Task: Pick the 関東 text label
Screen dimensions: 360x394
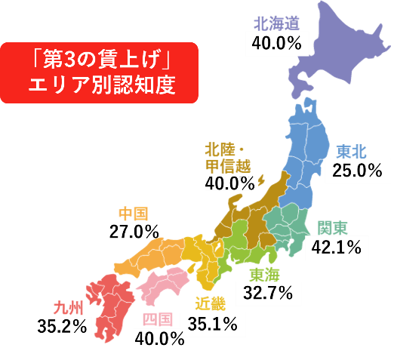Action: pyautogui.click(x=332, y=227)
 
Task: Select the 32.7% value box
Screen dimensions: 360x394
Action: pyautogui.click(x=267, y=294)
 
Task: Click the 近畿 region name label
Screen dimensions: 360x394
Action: pyautogui.click(x=209, y=304)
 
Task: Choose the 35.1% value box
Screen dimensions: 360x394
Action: pyautogui.click(x=213, y=325)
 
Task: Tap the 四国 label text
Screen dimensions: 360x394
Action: pyautogui.click(x=159, y=318)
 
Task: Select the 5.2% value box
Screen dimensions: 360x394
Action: pyautogui.click(x=69, y=326)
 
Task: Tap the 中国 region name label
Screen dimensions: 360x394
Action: pyautogui.click(x=134, y=213)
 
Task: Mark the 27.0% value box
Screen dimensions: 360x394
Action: pyautogui.click(x=134, y=230)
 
